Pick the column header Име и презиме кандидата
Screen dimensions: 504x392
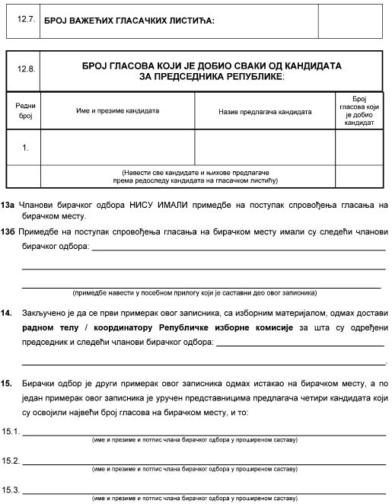tap(117, 111)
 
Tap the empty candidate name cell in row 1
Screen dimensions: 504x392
tap(118, 148)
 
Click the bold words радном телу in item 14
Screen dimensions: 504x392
tap(50, 327)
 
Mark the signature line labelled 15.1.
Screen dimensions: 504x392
tap(205, 433)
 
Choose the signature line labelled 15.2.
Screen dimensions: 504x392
tap(205, 461)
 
